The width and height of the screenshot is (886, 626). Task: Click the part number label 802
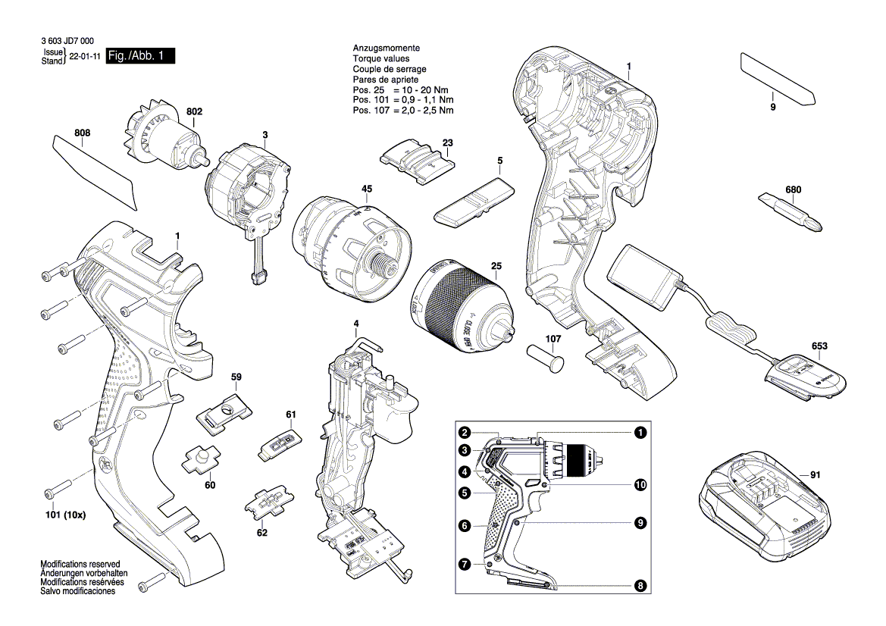click(x=194, y=112)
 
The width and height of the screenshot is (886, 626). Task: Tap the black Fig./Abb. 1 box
click(x=140, y=56)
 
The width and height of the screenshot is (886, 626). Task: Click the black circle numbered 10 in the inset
click(x=640, y=484)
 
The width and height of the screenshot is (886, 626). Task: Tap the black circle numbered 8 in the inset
click(x=640, y=585)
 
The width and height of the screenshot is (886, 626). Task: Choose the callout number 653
click(x=819, y=346)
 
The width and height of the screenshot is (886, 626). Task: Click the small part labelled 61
click(x=280, y=444)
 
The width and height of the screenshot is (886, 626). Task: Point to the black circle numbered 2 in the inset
click(x=465, y=434)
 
